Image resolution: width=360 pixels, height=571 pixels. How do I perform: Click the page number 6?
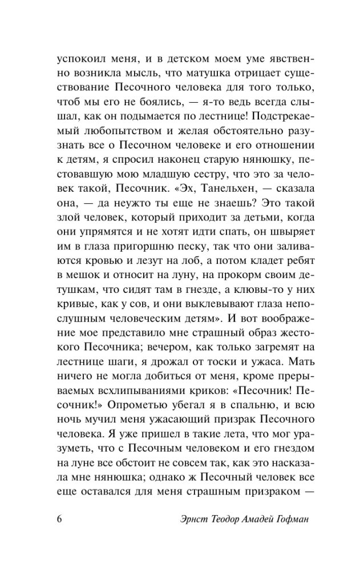click(60, 520)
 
